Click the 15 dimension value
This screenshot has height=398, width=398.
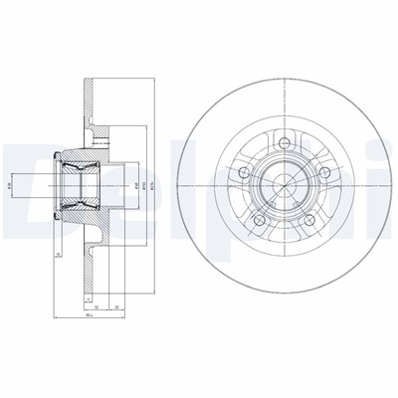(60, 255)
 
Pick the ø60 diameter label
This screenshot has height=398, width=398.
(135, 184)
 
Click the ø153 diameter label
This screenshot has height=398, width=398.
(145, 184)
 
